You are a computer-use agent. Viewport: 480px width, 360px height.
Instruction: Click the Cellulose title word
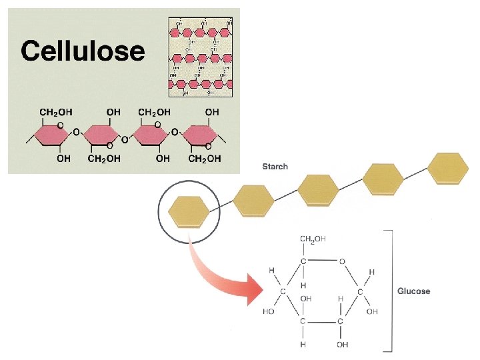coord(83,51)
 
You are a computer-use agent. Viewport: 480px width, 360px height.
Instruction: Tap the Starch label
coord(275,166)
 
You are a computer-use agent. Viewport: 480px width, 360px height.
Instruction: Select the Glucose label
coord(414,291)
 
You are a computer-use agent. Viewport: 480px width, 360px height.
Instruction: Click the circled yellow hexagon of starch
coord(189,211)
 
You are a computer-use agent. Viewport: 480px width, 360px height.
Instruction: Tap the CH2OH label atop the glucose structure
coord(313,239)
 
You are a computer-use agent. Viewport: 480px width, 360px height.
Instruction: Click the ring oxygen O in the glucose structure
coord(341,261)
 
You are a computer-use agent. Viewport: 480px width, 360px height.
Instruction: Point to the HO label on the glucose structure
coord(269,311)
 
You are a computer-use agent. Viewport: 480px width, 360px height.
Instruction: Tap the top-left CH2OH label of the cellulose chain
coord(57,112)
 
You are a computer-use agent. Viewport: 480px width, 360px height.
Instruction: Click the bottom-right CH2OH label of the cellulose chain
coord(205,159)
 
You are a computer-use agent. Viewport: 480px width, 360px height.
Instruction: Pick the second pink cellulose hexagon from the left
coord(104,136)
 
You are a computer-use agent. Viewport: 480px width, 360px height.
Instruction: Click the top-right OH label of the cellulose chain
coord(211,112)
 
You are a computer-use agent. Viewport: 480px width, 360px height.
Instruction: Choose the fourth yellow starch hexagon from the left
coord(383,179)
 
